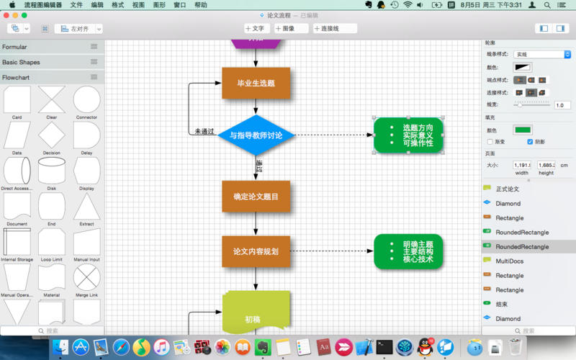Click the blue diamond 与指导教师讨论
256,135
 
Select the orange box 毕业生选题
256,83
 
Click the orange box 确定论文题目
256,196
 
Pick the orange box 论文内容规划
256,251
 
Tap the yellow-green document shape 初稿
256,317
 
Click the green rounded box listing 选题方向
408,135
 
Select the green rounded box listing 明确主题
408,251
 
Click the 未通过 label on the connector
204,132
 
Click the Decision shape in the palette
52,135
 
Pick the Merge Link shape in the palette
86,276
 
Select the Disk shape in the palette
52,171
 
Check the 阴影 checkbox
531,142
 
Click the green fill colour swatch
522,130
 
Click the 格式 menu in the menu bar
117,5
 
